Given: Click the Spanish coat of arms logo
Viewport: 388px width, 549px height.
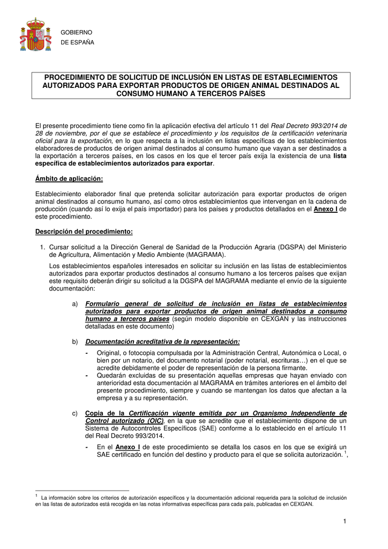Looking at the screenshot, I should tap(35, 35).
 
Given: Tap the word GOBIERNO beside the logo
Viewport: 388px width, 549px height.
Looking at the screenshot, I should tap(78, 33).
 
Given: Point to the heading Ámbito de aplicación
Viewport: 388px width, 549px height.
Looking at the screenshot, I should tap(69, 179).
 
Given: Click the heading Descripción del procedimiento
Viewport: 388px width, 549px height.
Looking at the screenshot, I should tap(84, 232).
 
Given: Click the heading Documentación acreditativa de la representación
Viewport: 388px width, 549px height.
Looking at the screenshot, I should tap(162, 342).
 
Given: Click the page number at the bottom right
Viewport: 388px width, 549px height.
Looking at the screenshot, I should tap(346, 522).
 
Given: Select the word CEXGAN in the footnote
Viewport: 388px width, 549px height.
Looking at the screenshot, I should tap(301, 505).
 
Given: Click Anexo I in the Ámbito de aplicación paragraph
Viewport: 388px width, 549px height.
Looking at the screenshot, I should tap(325, 209).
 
